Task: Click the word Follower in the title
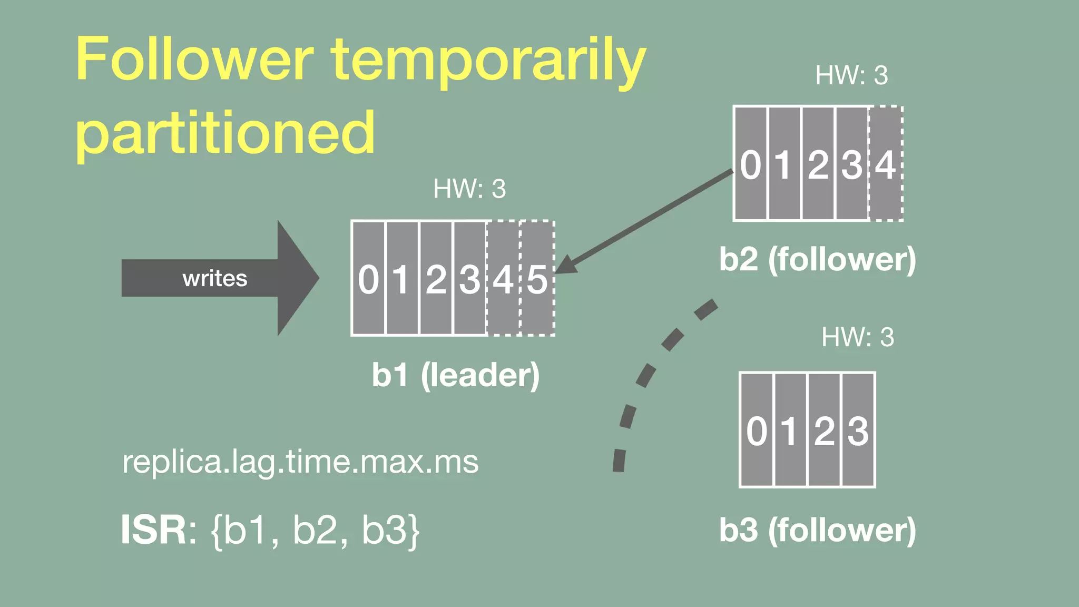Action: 195,59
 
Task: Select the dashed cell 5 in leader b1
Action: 537,278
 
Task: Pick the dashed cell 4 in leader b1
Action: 503,278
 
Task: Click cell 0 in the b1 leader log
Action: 368,278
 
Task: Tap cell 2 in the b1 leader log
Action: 436,278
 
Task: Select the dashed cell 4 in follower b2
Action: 886,164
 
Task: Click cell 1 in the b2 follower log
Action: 784,164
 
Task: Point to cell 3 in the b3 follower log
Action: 858,430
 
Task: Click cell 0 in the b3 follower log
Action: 757,430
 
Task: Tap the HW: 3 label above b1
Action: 469,189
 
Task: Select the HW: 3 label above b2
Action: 851,75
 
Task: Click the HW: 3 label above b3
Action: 858,337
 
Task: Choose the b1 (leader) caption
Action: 456,375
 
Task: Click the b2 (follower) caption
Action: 818,259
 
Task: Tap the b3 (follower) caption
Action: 818,530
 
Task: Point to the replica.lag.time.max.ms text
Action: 300,462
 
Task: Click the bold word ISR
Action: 153,530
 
